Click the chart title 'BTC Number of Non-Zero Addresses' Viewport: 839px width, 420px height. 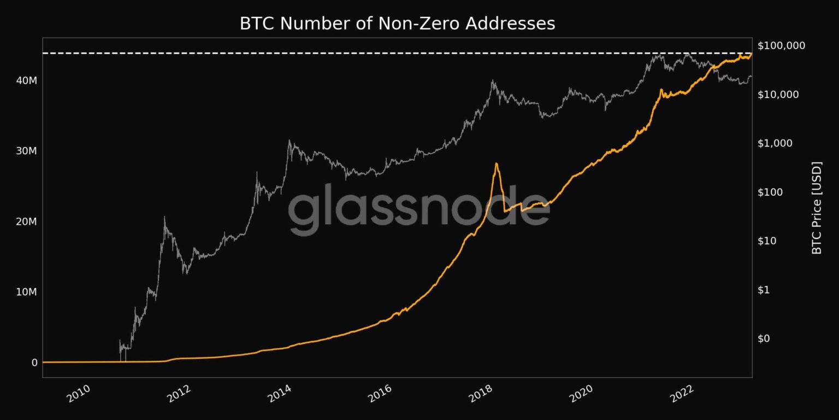pos(397,24)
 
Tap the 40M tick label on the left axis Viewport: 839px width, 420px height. pos(26,80)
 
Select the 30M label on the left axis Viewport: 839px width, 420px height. pos(26,151)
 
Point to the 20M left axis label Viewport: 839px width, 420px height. pos(26,221)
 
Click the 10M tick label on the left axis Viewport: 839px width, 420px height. pos(26,292)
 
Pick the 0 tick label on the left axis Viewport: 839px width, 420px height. pos(34,363)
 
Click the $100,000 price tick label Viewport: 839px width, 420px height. pos(782,45)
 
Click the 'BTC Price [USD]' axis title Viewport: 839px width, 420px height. pos(817,208)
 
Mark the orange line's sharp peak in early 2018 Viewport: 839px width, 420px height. pos(497,164)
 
